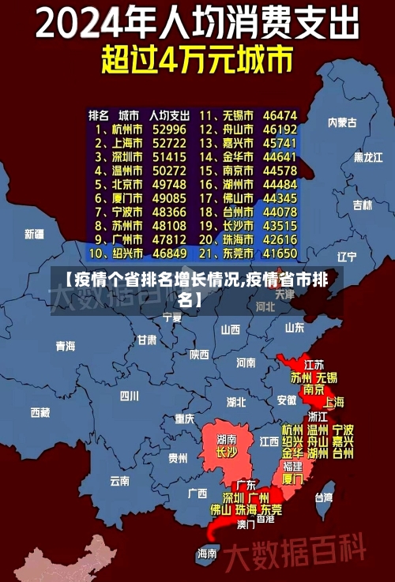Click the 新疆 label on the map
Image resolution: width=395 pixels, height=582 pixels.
34,234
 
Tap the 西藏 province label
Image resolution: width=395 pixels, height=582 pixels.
39,411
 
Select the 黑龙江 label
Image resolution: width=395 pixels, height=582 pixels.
367,157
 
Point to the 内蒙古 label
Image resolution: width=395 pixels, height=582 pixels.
342,122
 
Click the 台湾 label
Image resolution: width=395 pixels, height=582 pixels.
324,498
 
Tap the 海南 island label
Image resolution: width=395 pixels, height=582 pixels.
207,553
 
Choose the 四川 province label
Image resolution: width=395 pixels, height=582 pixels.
129,395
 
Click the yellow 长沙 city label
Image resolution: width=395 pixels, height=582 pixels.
227,452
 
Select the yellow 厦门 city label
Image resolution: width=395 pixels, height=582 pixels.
292,479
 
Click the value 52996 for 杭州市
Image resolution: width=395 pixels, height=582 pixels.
169,129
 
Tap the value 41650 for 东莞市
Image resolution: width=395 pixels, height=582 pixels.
280,253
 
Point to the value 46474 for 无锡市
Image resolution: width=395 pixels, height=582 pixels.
280,115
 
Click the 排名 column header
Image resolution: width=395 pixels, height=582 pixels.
98,115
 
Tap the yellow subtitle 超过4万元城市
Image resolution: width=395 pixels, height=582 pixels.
197,60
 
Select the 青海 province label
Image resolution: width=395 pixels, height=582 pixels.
66,346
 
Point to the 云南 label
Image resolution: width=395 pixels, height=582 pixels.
119,480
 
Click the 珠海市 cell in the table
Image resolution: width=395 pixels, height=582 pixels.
237,239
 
